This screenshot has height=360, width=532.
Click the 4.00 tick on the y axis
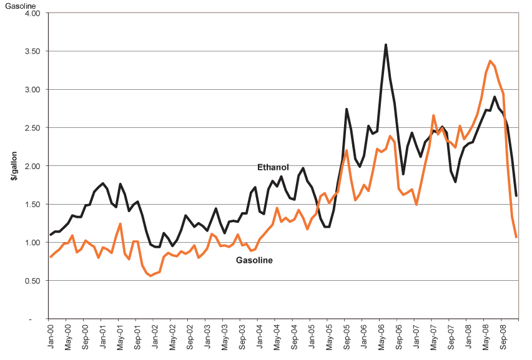[31, 13]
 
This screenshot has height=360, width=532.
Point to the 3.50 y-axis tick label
[31, 51]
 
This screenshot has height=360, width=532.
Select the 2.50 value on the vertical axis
[31, 128]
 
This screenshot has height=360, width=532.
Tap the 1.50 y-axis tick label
[31, 205]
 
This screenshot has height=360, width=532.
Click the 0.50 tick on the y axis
[31, 281]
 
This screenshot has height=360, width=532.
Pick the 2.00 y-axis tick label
[31, 167]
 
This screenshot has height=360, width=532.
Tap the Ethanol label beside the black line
[273, 167]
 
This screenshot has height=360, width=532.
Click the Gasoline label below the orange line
[254, 260]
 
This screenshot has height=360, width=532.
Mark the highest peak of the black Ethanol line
[386, 44]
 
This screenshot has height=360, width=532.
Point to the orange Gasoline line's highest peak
[490, 61]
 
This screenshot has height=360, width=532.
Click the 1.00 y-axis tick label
[31, 243]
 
